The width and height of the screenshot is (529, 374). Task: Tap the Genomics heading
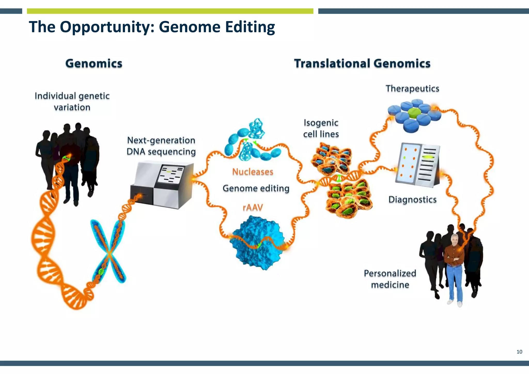[94, 64]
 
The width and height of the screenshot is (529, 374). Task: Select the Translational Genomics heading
[362, 64]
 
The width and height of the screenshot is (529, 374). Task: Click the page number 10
[519, 352]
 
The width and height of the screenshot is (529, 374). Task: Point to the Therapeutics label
[412, 89]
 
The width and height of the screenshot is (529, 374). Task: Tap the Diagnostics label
[412, 200]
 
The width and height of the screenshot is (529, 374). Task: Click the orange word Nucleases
[253, 172]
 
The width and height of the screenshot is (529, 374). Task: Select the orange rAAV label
[253, 207]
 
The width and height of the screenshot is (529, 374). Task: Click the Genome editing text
[256, 188]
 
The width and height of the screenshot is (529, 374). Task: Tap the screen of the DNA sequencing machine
[171, 174]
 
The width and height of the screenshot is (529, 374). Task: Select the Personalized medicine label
[390, 279]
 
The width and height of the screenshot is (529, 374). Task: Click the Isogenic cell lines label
[321, 128]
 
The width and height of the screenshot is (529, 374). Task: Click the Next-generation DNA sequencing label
[161, 146]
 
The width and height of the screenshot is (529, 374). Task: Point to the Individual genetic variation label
[72, 102]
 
